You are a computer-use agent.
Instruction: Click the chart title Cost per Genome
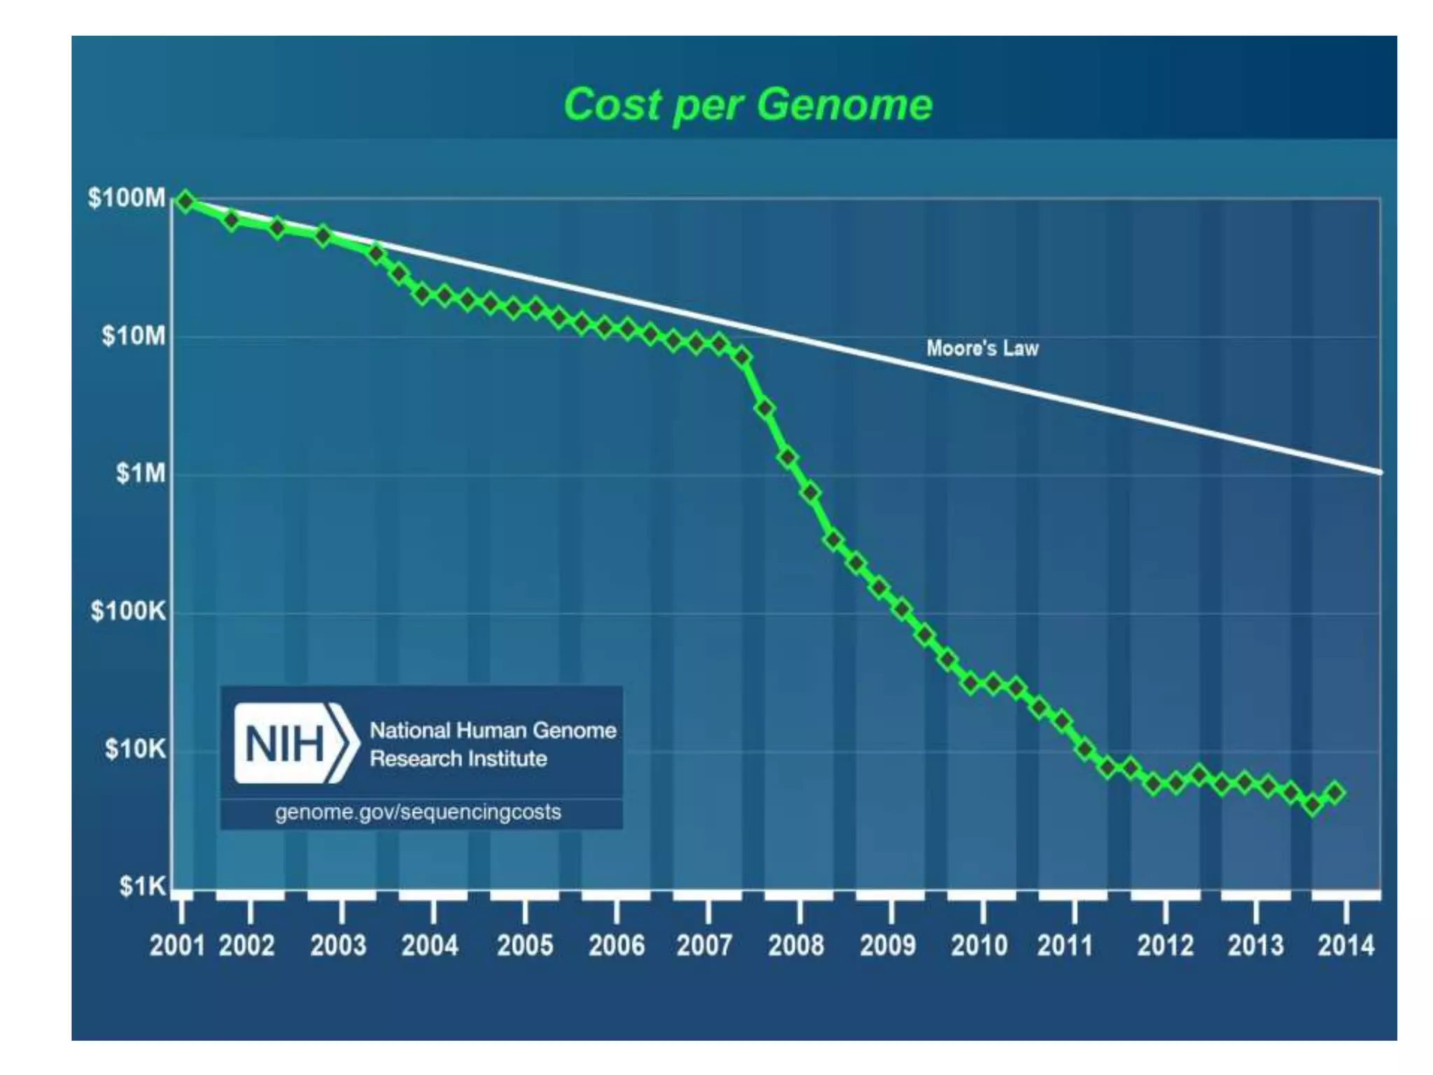pyautogui.click(x=747, y=105)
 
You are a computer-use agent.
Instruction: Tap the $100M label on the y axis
pyautogui.click(x=127, y=198)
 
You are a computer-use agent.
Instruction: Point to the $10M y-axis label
pyautogui.click(x=134, y=336)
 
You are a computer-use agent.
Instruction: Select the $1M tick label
pyautogui.click(x=141, y=474)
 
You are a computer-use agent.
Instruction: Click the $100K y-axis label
pyautogui.click(x=128, y=612)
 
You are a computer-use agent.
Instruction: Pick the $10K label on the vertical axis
pyautogui.click(x=135, y=750)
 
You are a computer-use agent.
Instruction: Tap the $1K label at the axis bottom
pyautogui.click(x=142, y=887)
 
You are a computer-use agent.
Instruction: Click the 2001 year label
pyautogui.click(x=176, y=946)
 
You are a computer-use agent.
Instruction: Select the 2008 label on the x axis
pyautogui.click(x=796, y=946)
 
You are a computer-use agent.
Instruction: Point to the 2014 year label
pyautogui.click(x=1346, y=946)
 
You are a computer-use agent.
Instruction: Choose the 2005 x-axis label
pyautogui.click(x=525, y=946)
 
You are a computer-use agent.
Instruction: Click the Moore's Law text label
pyautogui.click(x=982, y=348)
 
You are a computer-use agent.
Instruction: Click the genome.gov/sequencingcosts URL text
pyautogui.click(x=418, y=812)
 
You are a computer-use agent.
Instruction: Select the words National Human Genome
pyautogui.click(x=493, y=731)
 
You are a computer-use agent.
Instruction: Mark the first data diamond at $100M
pyautogui.click(x=185, y=202)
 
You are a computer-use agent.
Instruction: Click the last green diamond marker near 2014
pyautogui.click(x=1335, y=793)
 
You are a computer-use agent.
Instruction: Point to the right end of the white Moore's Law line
pyautogui.click(x=1378, y=472)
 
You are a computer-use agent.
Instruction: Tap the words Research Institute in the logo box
pyautogui.click(x=458, y=759)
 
